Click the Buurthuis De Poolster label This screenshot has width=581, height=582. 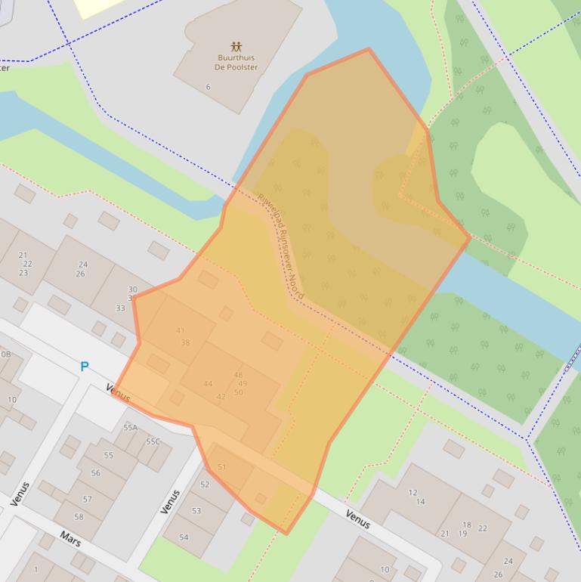[236, 62]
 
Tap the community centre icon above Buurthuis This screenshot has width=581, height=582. [236, 46]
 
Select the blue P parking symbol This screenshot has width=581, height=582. [85, 367]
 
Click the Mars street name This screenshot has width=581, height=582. [70, 539]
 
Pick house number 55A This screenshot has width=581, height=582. [131, 428]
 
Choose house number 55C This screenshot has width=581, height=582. [153, 441]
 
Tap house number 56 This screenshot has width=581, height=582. [95, 473]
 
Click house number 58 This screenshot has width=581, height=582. [79, 517]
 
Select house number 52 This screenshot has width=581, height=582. [205, 484]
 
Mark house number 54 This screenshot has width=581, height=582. [184, 537]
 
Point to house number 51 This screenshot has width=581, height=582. [221, 467]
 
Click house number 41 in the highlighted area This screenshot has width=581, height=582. [180, 330]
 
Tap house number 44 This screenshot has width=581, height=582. [208, 384]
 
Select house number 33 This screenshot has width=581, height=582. [120, 308]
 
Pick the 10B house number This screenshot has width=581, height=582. [6, 354]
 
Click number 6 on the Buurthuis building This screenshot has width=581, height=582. [209, 87]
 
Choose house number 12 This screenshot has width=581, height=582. [413, 492]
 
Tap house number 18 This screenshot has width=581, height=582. [466, 525]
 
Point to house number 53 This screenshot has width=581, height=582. [196, 511]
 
